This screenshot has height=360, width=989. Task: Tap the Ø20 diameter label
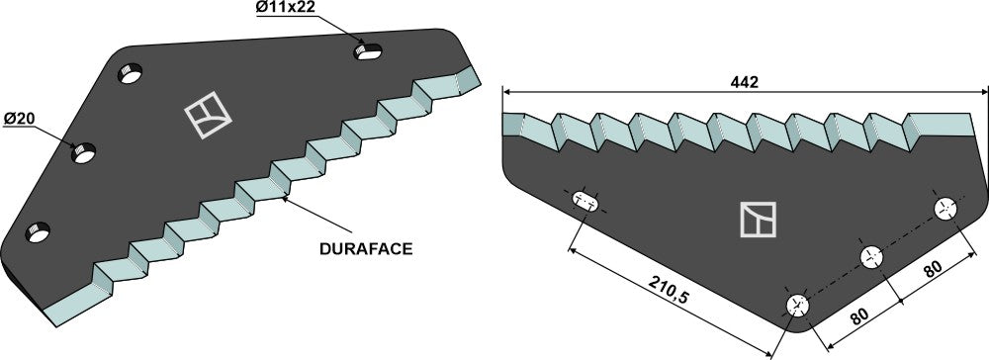click(19, 120)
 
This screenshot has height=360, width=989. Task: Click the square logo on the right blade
click(758, 219)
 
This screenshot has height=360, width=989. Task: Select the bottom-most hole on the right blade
click(797, 305)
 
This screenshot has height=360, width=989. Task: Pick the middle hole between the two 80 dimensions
click(871, 257)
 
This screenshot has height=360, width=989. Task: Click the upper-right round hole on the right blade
click(945, 209)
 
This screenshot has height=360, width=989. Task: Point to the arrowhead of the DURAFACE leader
click(284, 199)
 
